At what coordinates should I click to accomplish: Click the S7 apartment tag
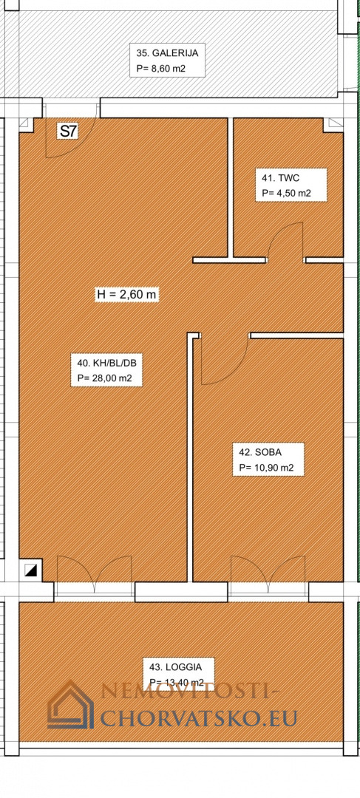pyautogui.click(x=68, y=131)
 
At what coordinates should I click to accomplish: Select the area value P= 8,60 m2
pyautogui.click(x=163, y=69)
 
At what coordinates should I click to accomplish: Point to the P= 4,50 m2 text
pyautogui.click(x=286, y=193)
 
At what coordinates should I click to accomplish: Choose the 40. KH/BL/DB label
pyautogui.click(x=106, y=364)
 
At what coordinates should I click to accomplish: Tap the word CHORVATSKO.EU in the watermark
pyautogui.click(x=199, y=717)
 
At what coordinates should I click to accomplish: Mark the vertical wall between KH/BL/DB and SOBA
pyautogui.click(x=191, y=457)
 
